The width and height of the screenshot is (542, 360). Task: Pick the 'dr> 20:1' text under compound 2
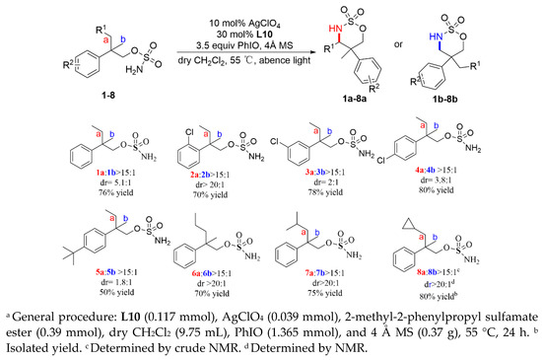[x=183, y=183]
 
